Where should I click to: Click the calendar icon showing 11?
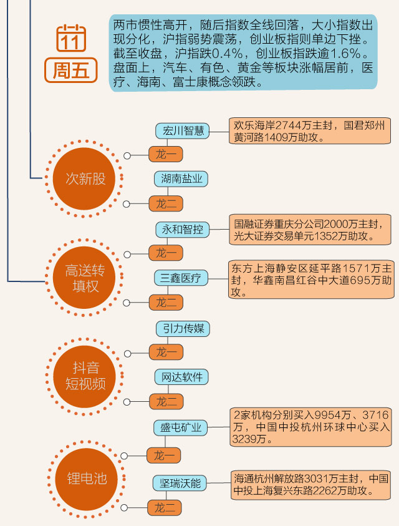coord(71,39)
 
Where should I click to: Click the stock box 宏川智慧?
coord(182,130)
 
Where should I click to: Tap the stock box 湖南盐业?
coord(181,179)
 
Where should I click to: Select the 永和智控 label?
coord(182,229)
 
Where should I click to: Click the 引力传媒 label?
coord(183,328)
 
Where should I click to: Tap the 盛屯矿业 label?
coord(181,427)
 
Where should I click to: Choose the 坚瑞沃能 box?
coord(180,482)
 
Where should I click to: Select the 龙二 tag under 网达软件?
coord(166,401)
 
